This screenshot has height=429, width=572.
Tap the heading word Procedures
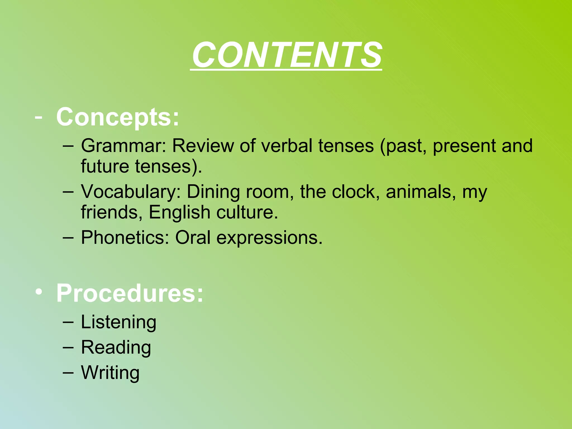click(x=130, y=293)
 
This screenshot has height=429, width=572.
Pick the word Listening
click(x=118, y=322)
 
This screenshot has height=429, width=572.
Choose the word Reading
click(x=116, y=348)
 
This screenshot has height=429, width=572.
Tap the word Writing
click(x=110, y=373)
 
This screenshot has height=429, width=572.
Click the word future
click(x=105, y=166)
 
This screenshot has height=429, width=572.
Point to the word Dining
click(x=213, y=192)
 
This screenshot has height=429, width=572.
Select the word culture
click(x=247, y=213)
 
